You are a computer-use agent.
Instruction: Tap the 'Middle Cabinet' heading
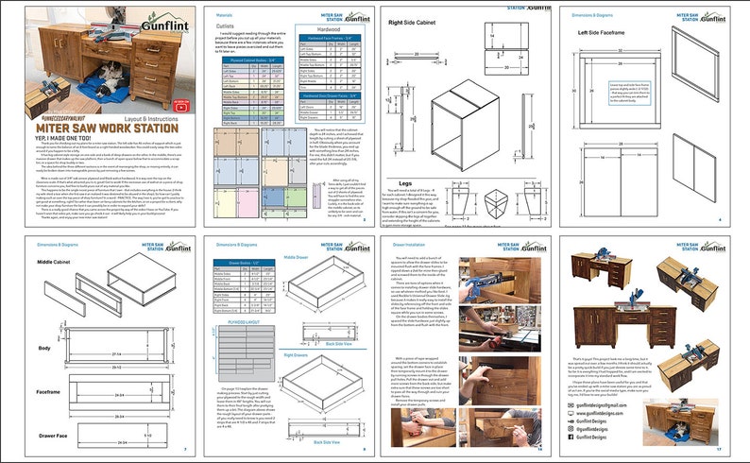tap(56, 260)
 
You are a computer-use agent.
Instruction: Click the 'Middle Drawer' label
tap(300, 257)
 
